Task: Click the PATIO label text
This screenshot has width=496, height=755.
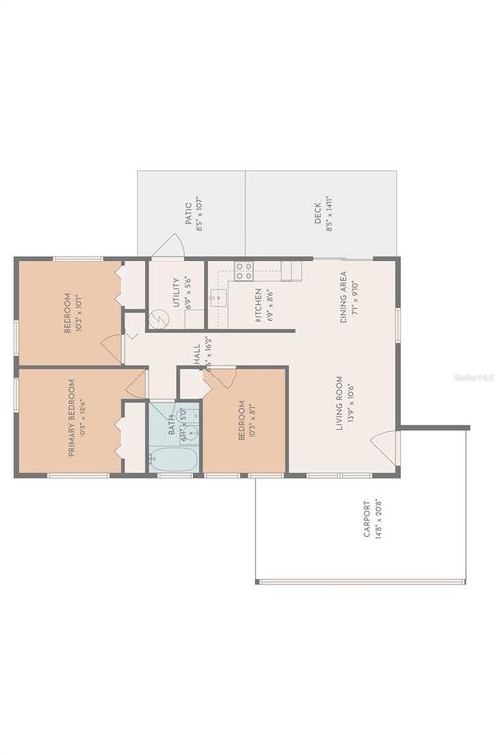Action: click(187, 212)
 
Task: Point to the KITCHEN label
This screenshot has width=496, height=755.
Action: click(258, 305)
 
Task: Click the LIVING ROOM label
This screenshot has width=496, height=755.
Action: click(337, 402)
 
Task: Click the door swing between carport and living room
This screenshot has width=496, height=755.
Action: click(389, 448)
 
